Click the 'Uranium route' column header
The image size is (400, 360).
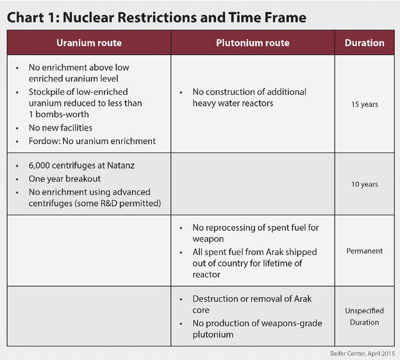[x=89, y=43]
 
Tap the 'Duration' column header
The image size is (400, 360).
[x=364, y=43]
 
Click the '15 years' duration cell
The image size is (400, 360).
[x=364, y=104]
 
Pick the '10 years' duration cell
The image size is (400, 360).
[x=364, y=184]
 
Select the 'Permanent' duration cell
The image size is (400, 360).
[x=364, y=251]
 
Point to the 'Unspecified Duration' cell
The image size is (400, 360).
[x=364, y=316]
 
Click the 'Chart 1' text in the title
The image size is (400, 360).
[x=31, y=17]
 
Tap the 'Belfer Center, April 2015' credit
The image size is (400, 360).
[x=359, y=352]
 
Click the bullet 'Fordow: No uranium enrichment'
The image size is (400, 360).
[x=92, y=141]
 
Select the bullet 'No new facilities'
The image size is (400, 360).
[x=61, y=128]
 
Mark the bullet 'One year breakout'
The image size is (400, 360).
[x=64, y=179]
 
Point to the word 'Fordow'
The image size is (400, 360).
[x=43, y=141]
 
